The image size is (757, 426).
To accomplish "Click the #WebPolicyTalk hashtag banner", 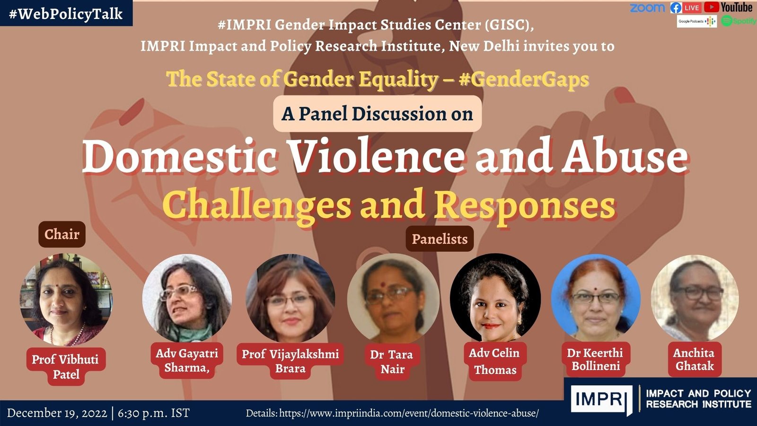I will click(x=66, y=13).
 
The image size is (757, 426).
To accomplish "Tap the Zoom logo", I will click(x=647, y=8).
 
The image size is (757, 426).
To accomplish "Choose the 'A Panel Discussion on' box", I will click(x=377, y=114).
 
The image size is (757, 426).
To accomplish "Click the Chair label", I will click(x=62, y=234).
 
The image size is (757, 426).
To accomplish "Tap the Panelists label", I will click(x=440, y=239).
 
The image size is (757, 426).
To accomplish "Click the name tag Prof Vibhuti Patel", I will click(x=66, y=366).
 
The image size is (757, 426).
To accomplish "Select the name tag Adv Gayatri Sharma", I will click(x=187, y=360).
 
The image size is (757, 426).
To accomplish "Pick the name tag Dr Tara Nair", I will click(x=392, y=362).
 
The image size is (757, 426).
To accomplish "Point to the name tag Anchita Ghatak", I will click(x=694, y=359).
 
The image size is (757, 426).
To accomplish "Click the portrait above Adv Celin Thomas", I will click(x=494, y=298).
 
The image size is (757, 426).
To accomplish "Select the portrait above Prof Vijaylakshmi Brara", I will click(x=290, y=298).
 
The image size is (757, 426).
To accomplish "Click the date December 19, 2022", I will click(x=57, y=413).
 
